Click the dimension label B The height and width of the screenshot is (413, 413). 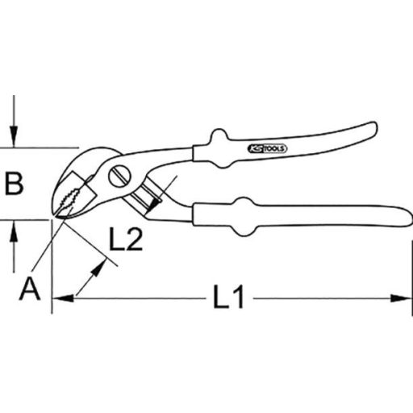coord(15,185)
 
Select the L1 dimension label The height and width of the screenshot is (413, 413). coord(228,299)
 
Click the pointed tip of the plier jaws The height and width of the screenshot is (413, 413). coord(59,215)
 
